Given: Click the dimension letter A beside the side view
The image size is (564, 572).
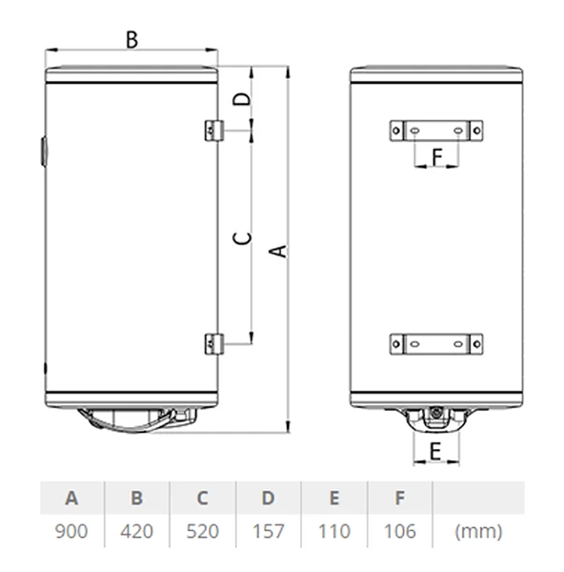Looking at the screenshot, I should pos(277,250).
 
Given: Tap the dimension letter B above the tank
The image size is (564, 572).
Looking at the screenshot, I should pos(131,39).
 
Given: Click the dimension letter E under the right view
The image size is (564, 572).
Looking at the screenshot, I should pos(434,452).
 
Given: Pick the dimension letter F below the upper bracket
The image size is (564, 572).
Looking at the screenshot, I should pos(437,156).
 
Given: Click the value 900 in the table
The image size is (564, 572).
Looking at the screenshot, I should pos(71,531).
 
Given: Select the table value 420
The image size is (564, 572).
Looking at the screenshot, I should pos(136,531).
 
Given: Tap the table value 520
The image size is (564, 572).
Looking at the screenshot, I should pos(202,531).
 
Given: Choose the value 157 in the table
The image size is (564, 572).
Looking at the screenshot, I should pos(268,531).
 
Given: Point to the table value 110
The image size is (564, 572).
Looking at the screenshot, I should pos(333,531).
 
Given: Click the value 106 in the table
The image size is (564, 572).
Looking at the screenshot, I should pos(399,531).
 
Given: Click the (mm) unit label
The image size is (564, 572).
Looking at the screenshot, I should pos(478,531).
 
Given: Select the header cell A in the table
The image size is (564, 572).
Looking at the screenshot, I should pos(71,498).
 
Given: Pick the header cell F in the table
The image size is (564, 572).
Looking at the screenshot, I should pos(399,498).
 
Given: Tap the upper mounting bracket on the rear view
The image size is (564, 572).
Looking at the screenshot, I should pos(436,130).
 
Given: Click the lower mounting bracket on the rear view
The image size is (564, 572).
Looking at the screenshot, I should pos(436,342).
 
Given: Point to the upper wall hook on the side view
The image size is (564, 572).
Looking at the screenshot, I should pos(215,130).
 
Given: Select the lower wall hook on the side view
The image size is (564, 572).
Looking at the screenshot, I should pos(215,342).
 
